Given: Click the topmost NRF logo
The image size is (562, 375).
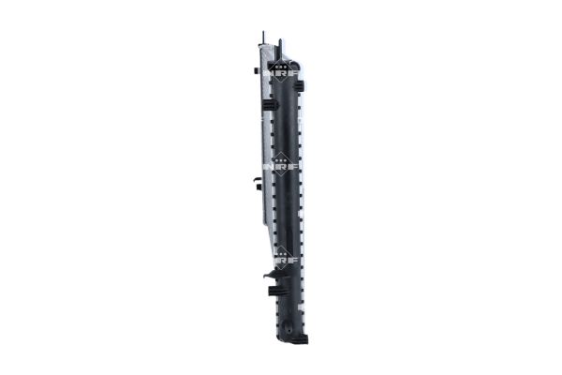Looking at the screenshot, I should [281, 67].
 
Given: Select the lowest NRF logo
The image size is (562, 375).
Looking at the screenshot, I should [282, 255].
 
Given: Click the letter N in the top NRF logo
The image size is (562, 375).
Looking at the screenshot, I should [274, 70].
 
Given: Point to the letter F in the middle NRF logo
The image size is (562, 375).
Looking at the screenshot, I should [290, 166].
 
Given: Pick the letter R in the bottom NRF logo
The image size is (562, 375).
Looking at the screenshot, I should [282, 258].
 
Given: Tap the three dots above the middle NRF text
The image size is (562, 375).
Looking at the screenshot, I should [281, 156].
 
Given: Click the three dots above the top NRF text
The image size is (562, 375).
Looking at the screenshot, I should [281, 60].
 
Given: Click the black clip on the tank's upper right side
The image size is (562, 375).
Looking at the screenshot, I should [300, 86].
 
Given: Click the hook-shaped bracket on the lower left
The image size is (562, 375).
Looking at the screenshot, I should [269, 275].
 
